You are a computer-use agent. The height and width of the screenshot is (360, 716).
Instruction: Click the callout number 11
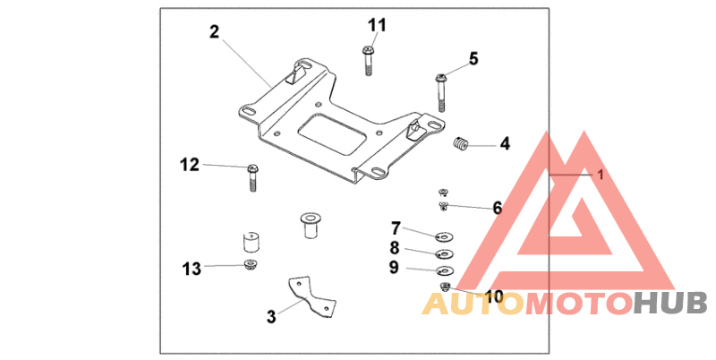coord(377,24)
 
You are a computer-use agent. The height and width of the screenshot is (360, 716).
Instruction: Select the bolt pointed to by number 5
coord(441,88)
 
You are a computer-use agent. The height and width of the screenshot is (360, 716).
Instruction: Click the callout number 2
coord(214,32)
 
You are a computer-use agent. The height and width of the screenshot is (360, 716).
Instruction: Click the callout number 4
coord(505,143)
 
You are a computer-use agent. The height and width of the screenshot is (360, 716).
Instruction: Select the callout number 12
coord(189,165)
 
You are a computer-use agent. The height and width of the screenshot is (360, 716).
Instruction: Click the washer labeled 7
coord(444,237)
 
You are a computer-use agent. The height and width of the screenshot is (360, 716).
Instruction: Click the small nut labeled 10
coord(446,286)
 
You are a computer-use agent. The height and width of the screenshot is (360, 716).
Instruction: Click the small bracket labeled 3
coord(309,296)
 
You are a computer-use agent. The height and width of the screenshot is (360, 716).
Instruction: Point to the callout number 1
coord(601,176)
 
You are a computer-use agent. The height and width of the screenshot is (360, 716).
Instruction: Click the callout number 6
coord(497,208)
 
